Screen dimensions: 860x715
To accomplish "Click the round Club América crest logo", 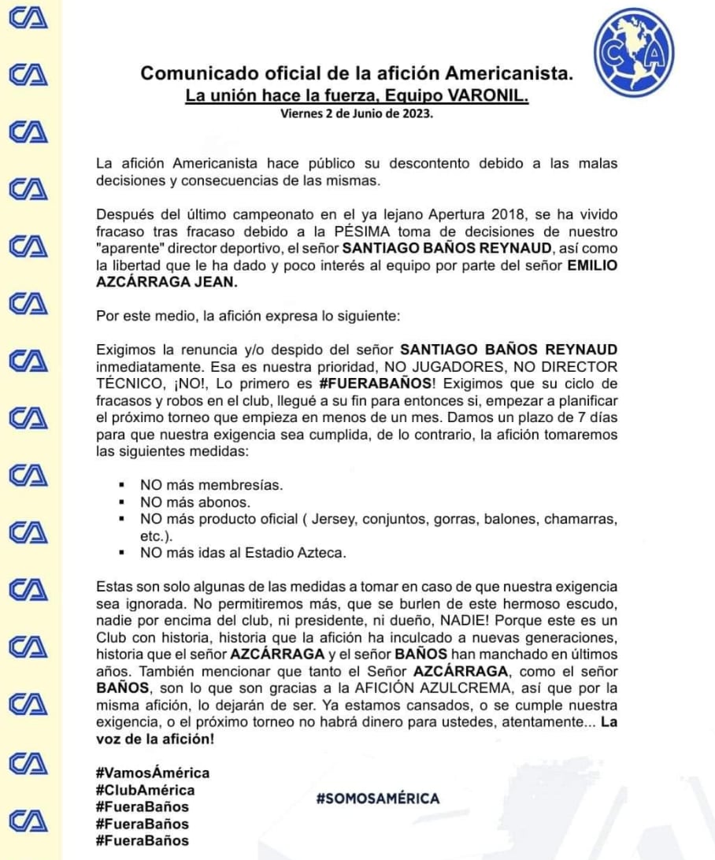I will pyautogui.click(x=636, y=54).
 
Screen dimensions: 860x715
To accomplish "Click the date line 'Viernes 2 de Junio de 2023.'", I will pyautogui.click(x=357, y=113).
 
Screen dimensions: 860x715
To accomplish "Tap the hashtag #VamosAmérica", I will pyautogui.click(x=153, y=773).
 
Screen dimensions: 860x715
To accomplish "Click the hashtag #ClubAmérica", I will pyautogui.click(x=145, y=790).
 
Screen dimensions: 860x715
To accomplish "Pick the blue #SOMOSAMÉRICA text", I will pyautogui.click(x=378, y=799).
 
